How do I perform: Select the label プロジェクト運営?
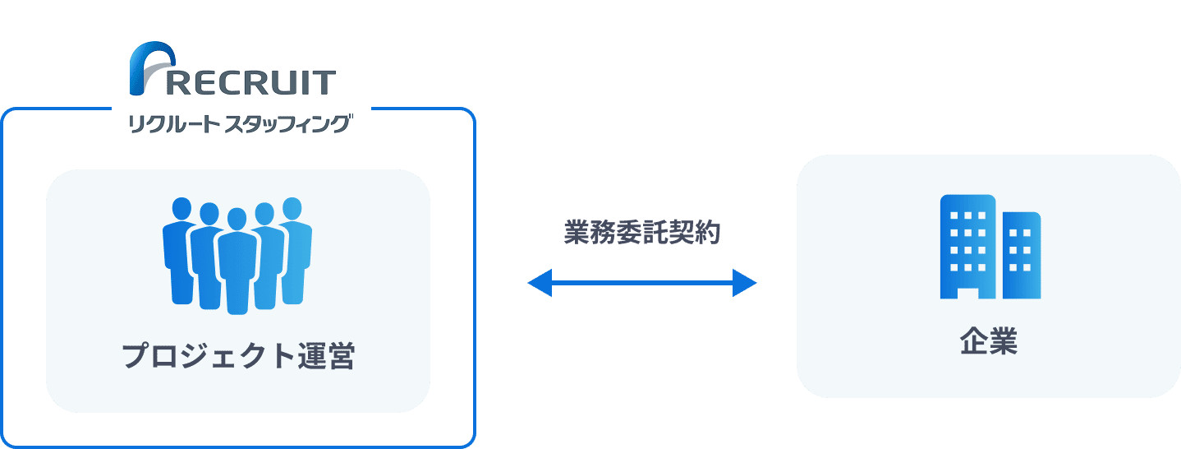238,357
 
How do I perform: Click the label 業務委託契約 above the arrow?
641,234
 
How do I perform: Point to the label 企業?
989,342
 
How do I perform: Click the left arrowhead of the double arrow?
538,283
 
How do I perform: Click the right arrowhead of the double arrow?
744,283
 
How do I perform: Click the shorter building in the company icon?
1022,255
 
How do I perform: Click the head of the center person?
237,220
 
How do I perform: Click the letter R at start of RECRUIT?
181,82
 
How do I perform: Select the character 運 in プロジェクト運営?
310,357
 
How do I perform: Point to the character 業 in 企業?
1004,342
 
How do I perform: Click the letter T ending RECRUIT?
325,82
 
